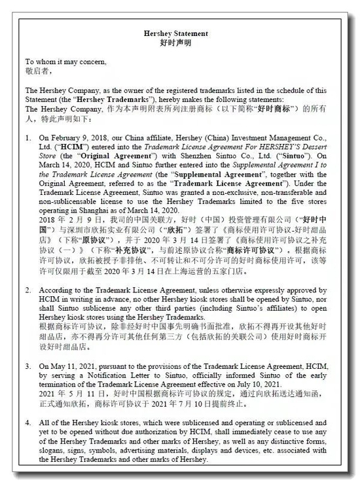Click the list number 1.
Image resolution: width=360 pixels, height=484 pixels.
point(27,139)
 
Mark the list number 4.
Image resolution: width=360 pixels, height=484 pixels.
point(27,423)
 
